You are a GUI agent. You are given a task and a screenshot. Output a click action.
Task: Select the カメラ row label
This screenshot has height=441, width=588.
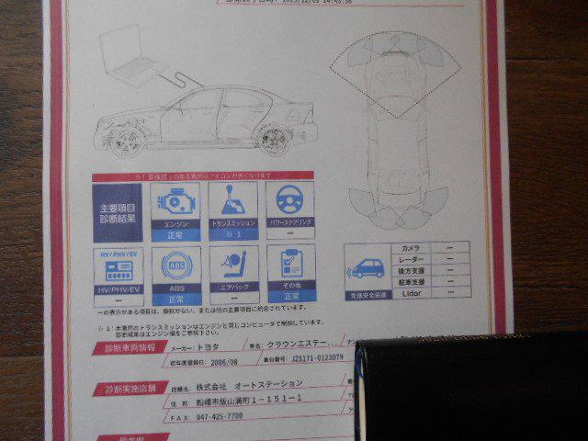[409, 248]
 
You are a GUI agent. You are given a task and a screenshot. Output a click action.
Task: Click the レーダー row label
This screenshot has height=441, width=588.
[410, 259]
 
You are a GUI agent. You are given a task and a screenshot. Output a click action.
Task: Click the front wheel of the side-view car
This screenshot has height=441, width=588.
[130, 140]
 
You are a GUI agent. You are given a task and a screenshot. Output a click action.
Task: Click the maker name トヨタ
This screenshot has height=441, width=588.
[210, 349]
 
